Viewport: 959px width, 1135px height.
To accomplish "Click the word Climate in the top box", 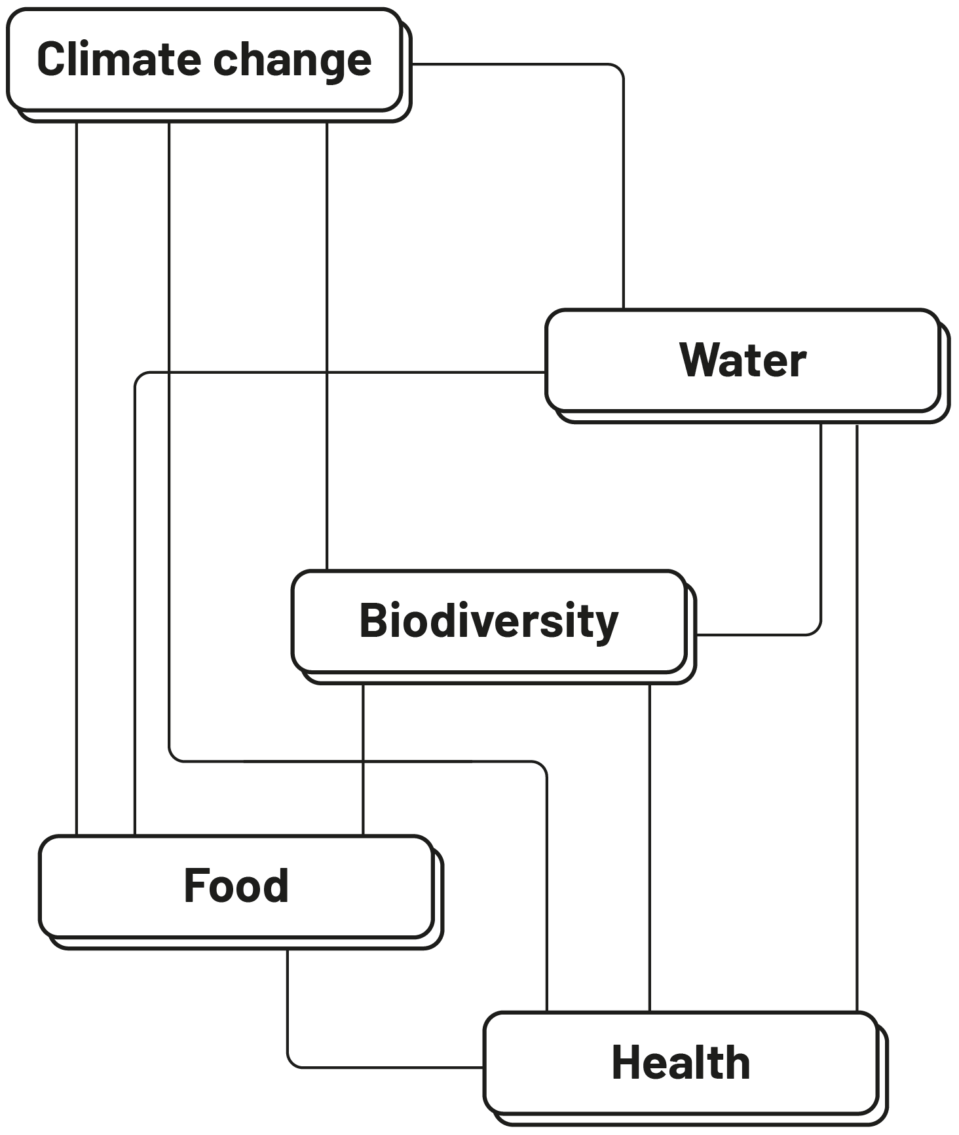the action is click(x=119, y=60).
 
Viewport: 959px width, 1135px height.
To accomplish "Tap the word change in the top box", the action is click(x=292, y=61).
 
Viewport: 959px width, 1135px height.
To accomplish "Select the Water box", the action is click(x=743, y=361).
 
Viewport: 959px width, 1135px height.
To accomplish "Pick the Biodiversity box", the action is click(x=489, y=621).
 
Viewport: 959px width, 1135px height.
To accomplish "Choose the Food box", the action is click(x=236, y=886).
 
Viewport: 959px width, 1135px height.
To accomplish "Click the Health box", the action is click(x=681, y=1062).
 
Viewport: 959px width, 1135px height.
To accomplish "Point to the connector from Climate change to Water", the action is click(x=623, y=196).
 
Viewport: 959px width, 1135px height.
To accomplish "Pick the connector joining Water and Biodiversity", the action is click(x=821, y=524).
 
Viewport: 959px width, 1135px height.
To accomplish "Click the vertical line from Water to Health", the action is click(x=857, y=720).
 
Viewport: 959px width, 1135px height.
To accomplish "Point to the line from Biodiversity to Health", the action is click(x=649, y=851).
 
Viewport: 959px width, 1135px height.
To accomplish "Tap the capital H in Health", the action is click(x=626, y=1062).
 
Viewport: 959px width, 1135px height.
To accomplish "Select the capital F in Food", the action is click(x=195, y=886).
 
